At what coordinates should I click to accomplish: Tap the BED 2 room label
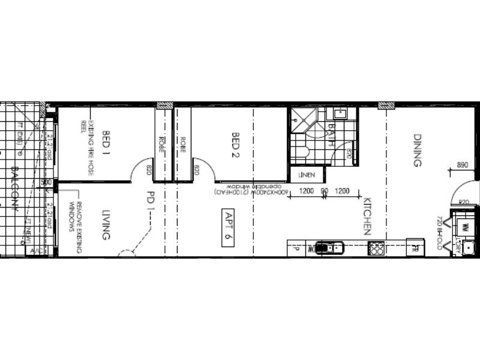(236, 144)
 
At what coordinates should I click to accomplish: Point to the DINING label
(418, 150)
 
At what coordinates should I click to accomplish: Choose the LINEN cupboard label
(307, 175)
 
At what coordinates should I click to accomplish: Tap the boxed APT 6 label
(228, 225)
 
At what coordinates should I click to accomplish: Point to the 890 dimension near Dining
(462, 164)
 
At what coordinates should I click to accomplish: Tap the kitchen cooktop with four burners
(376, 247)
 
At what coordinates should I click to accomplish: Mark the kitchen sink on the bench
(328, 247)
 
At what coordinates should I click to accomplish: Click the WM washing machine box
(464, 227)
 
